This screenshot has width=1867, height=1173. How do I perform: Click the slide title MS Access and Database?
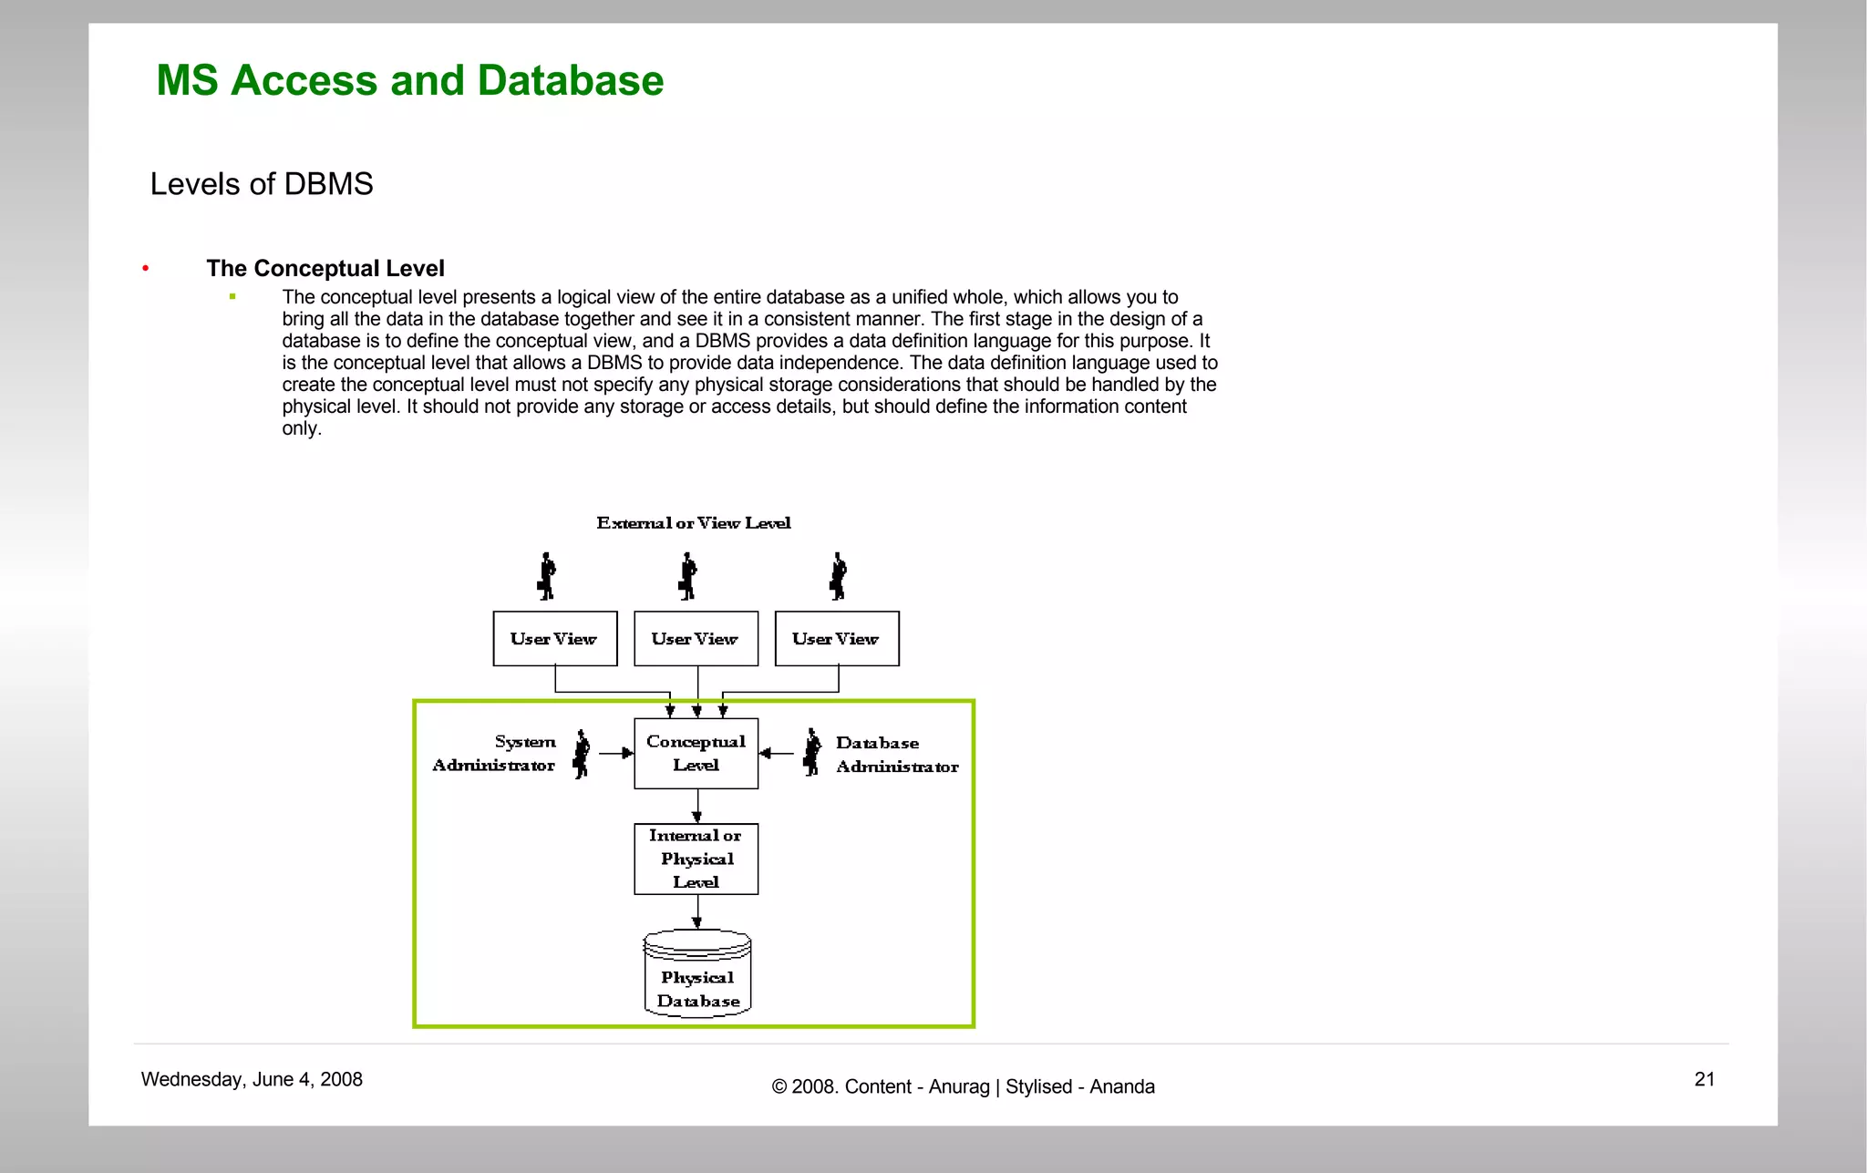[409, 80]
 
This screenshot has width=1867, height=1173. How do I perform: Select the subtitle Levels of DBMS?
[262, 184]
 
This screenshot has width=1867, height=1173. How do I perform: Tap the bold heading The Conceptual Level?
[325, 268]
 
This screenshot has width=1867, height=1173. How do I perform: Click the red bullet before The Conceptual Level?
[146, 268]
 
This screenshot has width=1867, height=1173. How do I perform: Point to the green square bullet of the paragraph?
[232, 296]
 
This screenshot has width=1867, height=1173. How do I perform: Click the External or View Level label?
[693, 523]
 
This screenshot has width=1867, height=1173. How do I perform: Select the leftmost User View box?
[554, 639]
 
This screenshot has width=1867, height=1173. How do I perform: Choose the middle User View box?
[696, 639]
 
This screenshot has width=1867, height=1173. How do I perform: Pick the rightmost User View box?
[836, 639]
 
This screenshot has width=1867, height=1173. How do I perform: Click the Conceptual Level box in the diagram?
[696, 754]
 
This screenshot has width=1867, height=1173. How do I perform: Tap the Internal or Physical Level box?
[696, 859]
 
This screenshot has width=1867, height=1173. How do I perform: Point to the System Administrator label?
[495, 754]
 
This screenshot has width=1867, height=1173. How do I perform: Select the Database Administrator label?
[896, 755]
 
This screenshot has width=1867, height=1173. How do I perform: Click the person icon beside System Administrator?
[581, 754]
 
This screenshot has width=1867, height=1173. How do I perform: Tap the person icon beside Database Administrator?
[811, 753]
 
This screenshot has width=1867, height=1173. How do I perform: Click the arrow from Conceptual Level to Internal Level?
[697, 807]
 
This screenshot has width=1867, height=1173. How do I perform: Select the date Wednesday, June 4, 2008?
[252, 1080]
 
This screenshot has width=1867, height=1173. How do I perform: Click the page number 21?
[1704, 1080]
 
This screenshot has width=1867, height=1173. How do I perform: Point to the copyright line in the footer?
[963, 1087]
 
